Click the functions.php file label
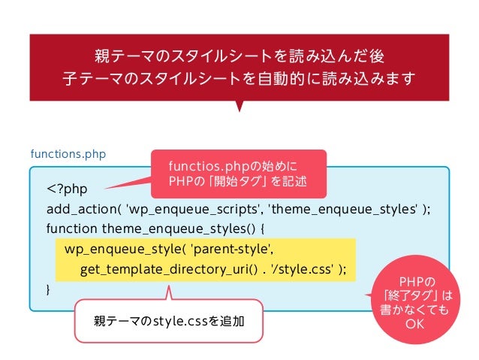point(68,154)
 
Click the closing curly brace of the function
point(49,289)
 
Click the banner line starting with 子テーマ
point(239,79)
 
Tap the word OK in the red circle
point(414,324)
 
